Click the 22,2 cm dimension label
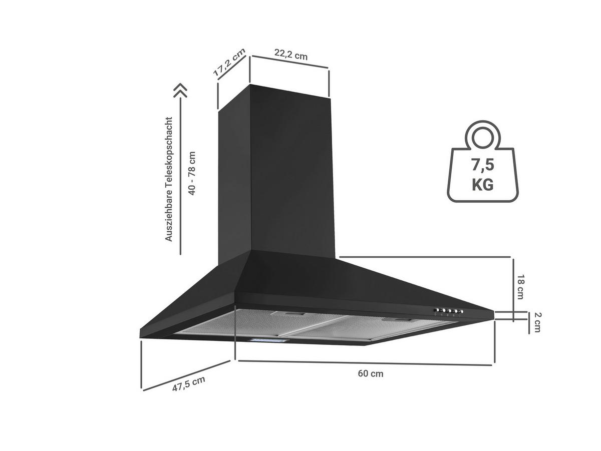tap(291, 55)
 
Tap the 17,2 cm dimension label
tap(229, 63)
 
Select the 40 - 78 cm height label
tap(192, 173)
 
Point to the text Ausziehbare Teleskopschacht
tap(168, 179)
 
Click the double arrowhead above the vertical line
tap(180, 91)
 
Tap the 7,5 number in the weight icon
tap(482, 165)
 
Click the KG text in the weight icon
tap(482, 185)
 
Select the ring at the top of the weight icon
tap(482, 138)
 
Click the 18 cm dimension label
tap(520, 287)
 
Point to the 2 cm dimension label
tap(537, 322)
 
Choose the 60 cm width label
tap(371, 373)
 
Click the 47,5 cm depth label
tap(189, 384)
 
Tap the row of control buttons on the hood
tap(448, 311)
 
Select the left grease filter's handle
tap(287, 314)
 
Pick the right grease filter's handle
tap(398, 320)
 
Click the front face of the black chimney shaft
tap(291, 172)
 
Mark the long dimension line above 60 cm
tap(365, 363)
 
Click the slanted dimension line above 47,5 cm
tap(186, 375)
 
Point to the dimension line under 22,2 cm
tap(290, 62)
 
